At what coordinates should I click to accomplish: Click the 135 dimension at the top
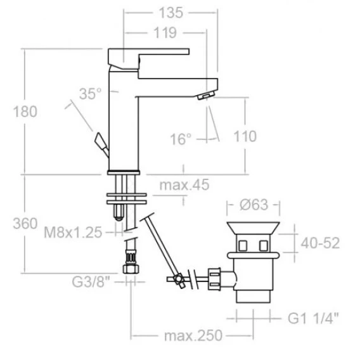(x=171, y=13)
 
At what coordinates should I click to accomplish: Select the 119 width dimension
(x=165, y=33)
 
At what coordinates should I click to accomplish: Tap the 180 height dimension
(x=25, y=112)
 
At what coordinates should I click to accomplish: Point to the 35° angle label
(x=90, y=94)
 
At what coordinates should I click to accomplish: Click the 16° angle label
(x=181, y=139)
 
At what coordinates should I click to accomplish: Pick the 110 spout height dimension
(x=245, y=136)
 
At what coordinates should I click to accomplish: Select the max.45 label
(x=184, y=185)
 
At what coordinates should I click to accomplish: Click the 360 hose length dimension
(x=25, y=223)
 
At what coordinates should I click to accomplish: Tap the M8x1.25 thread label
(x=73, y=233)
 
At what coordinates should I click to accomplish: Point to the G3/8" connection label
(x=91, y=282)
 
